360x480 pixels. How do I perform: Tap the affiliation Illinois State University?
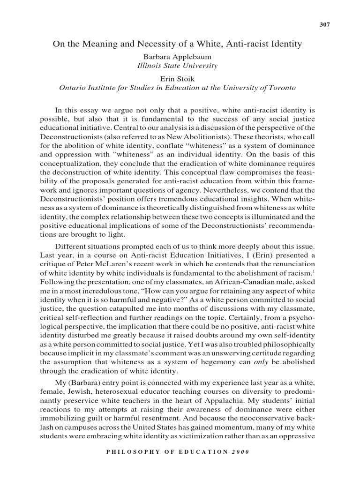(177, 66)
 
